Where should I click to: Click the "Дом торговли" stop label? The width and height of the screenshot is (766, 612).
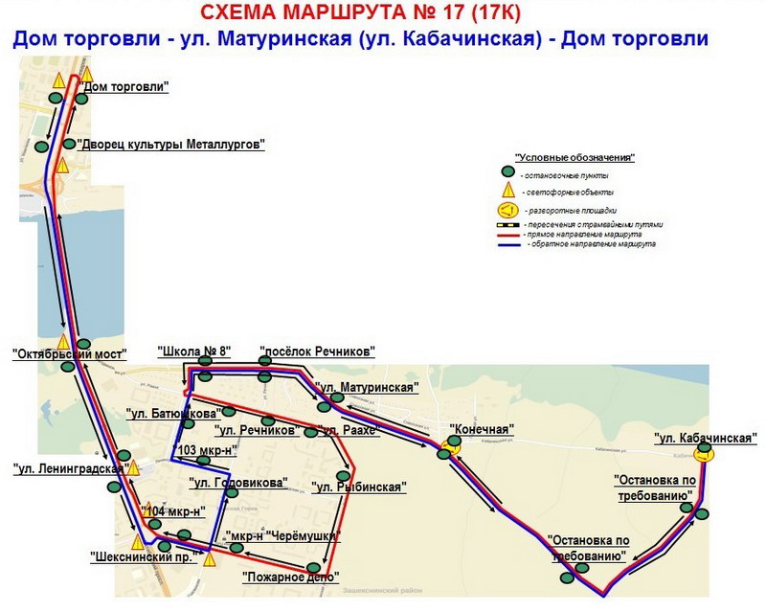(x=126, y=87)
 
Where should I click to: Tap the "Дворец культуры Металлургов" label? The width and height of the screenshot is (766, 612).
(x=170, y=145)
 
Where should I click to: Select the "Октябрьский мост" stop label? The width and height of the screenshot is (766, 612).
(x=70, y=353)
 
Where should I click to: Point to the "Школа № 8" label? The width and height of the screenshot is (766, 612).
(x=196, y=351)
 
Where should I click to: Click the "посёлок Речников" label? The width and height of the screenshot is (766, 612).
(x=317, y=351)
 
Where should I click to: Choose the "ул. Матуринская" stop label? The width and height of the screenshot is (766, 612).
(x=368, y=388)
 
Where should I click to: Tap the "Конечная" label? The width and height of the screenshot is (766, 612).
(x=483, y=429)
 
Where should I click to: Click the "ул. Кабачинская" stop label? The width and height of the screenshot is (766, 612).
(x=706, y=438)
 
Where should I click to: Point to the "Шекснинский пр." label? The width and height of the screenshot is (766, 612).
(x=145, y=555)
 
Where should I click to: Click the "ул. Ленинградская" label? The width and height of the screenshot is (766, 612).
(x=70, y=468)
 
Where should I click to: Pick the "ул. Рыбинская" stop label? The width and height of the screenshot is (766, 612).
(x=359, y=487)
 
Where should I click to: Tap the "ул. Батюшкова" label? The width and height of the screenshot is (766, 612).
(x=172, y=414)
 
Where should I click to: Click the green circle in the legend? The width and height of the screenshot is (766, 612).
(x=508, y=173)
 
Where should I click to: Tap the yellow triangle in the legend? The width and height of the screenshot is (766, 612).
(x=508, y=191)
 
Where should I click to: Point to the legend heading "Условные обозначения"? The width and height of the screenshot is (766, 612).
(x=574, y=157)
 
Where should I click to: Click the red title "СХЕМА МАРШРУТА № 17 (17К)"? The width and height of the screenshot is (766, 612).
(x=361, y=12)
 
